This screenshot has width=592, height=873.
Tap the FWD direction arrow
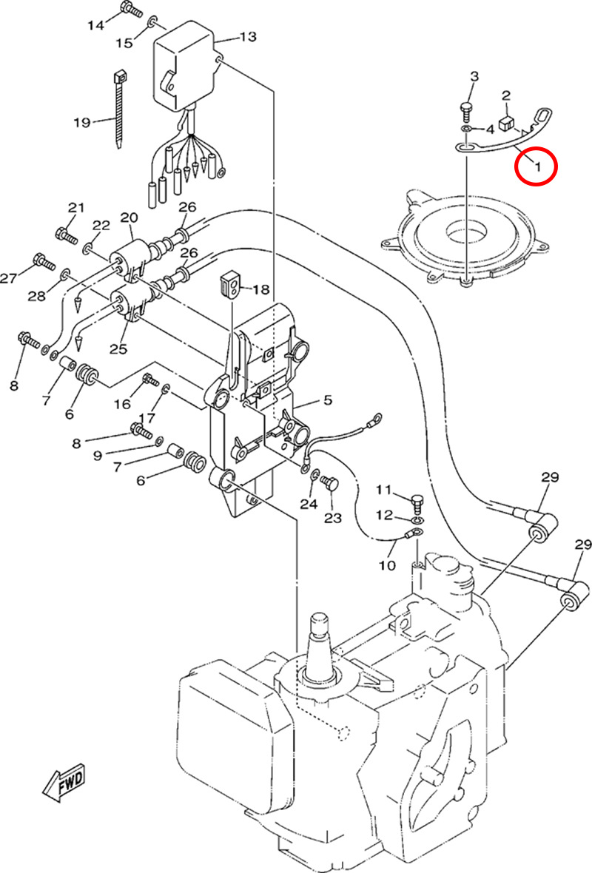(66, 781)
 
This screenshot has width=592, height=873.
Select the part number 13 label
(247, 36)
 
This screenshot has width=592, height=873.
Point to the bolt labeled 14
(129, 10)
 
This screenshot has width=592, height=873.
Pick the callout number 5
(327, 400)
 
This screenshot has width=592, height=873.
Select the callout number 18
(261, 289)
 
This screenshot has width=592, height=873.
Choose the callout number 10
(387, 566)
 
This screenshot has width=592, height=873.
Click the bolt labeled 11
(416, 501)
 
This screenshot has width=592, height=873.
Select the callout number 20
(129, 218)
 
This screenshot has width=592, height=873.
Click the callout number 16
(121, 404)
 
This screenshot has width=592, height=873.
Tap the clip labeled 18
(230, 284)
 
